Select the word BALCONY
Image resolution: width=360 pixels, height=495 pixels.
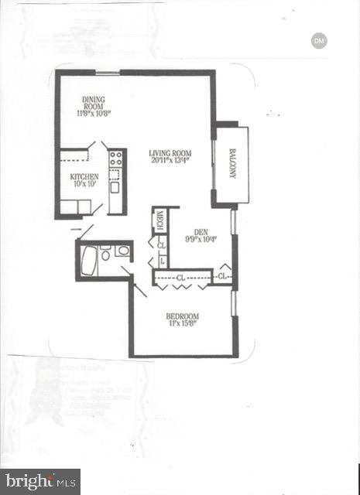pos(232,164)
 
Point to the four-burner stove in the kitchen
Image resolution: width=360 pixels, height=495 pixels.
pos(115,159)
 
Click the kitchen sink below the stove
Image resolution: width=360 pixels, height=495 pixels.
pos(115,186)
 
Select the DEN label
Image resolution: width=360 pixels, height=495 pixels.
pos(201,231)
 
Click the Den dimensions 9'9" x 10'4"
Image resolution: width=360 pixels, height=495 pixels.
pos(201,239)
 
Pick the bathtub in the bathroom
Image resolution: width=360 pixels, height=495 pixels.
pos(89,261)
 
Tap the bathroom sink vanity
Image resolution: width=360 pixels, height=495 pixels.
pos(122,251)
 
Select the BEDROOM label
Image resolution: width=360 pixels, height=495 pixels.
pos(183,316)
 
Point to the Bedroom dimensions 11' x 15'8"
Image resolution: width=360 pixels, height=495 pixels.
pos(183,324)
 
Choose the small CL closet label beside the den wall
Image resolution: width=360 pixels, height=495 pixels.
pos(221,275)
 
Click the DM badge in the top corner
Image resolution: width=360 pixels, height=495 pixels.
pos(318,40)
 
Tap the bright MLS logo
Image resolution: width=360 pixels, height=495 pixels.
pos(40,481)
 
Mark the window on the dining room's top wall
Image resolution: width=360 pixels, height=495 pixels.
pos(108,73)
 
